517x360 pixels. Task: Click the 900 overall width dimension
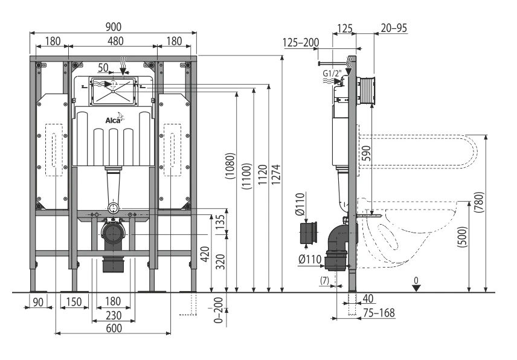tap(114, 27)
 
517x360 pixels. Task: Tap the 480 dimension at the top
tap(116, 41)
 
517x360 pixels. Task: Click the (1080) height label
tap(230, 166)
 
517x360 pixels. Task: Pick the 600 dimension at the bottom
tap(114, 329)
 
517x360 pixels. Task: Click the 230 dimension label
tap(114, 315)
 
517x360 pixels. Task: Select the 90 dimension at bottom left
tap(38, 301)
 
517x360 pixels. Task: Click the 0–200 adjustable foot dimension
tap(219, 310)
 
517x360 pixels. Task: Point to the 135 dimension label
tap(221, 222)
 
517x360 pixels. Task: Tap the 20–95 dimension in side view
tap(394, 28)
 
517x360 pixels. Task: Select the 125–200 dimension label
tap(301, 42)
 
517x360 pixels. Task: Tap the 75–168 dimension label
tap(379, 312)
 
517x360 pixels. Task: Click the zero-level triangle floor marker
tap(417, 288)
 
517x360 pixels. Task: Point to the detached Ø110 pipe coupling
tap(309, 233)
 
